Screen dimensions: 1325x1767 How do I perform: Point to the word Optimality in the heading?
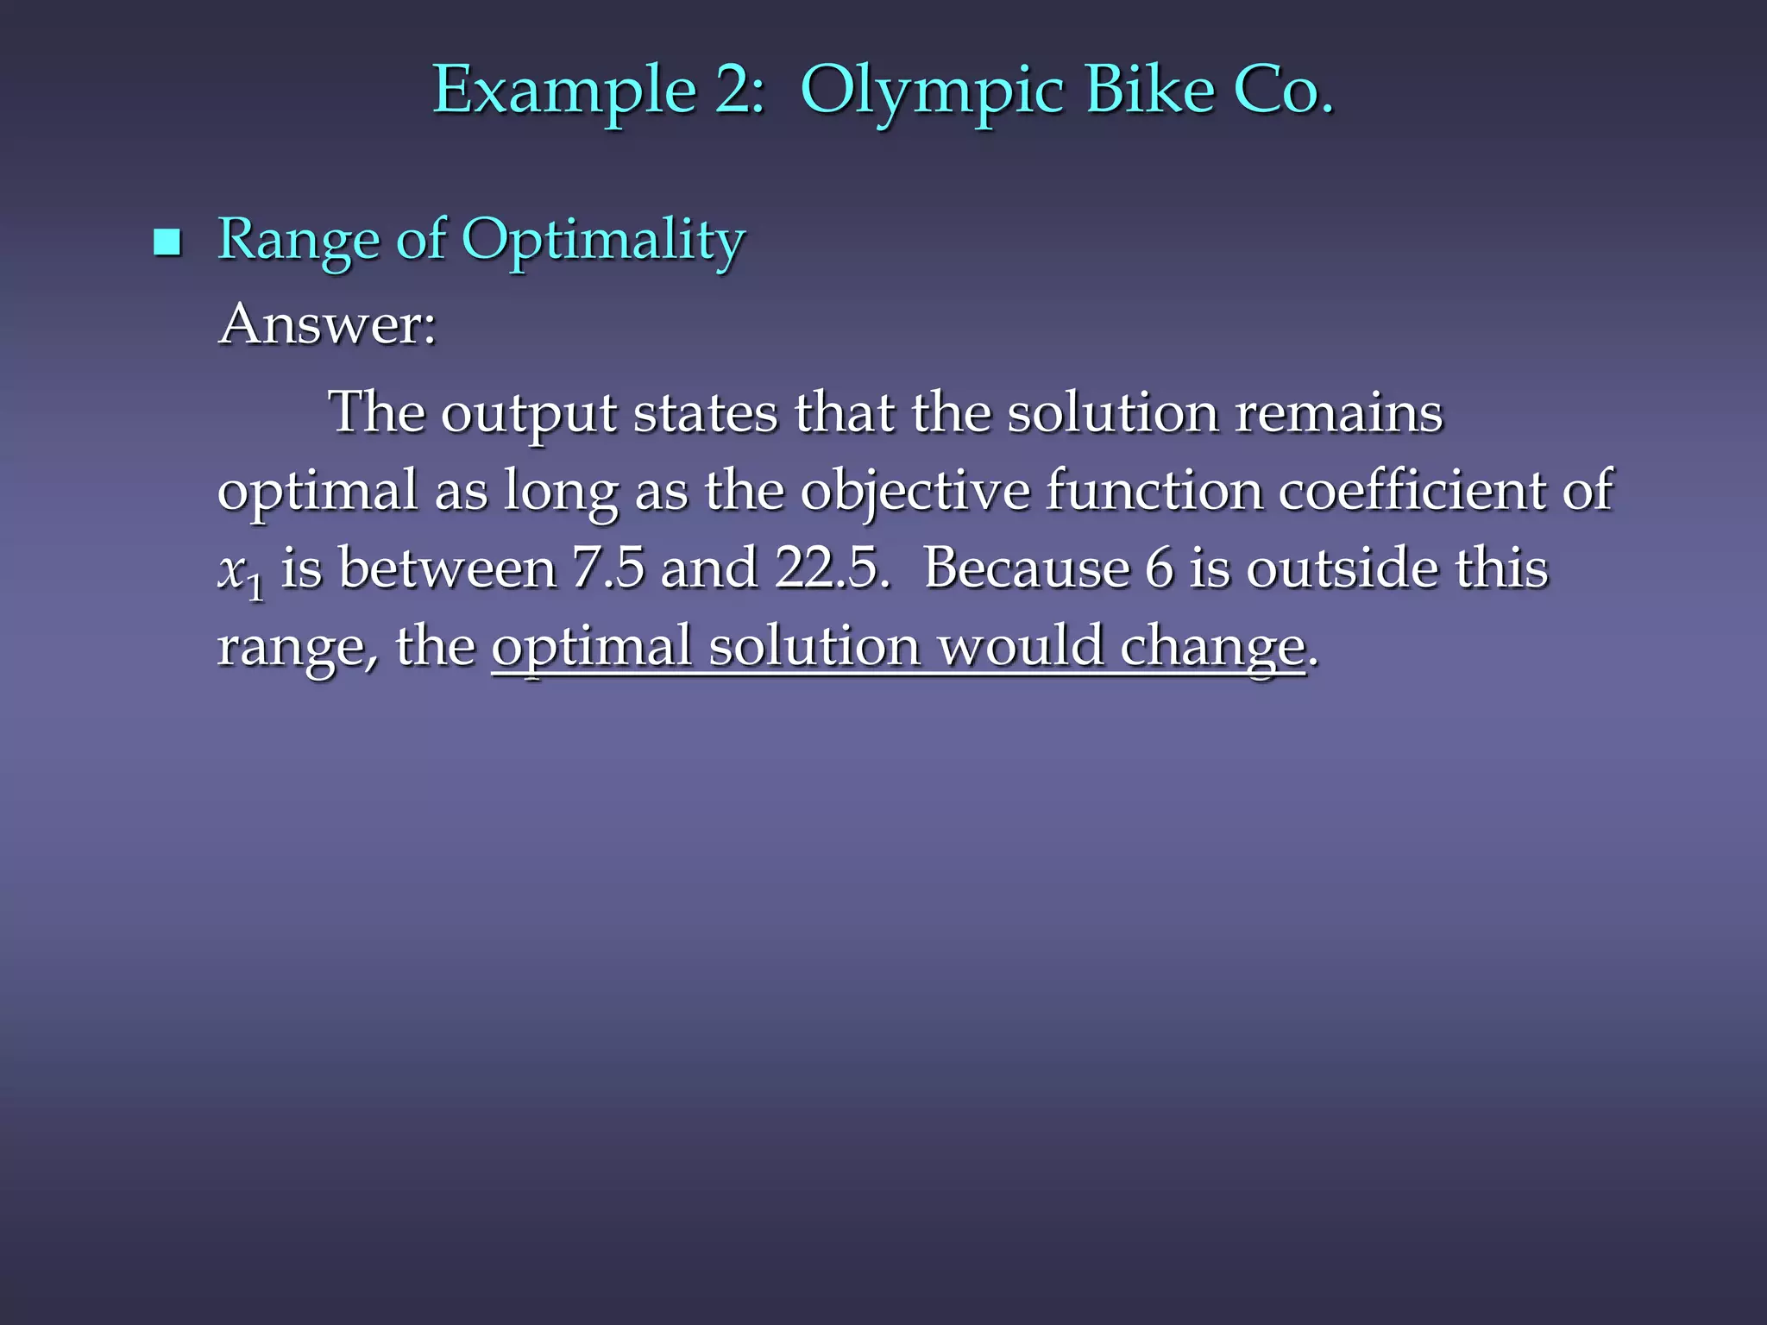602,241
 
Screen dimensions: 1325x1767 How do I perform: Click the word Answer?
327,325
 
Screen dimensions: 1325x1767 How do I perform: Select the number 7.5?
607,568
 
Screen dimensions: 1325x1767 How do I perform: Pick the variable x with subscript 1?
239,573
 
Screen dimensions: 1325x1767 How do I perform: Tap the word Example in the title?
563,91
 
